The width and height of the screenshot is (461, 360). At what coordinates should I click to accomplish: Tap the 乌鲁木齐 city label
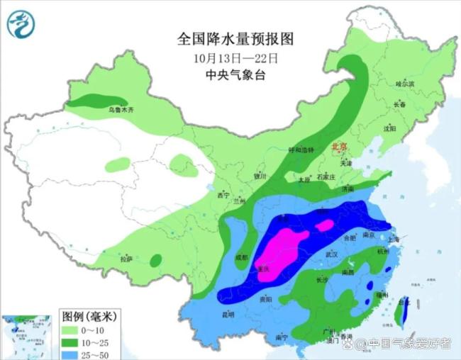[121, 110]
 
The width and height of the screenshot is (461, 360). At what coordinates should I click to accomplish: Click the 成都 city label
[240, 258]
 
